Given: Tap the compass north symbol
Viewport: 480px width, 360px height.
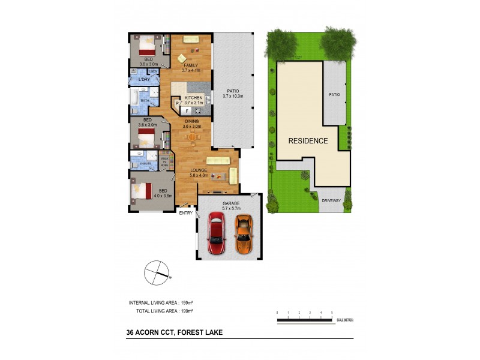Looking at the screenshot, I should click(x=158, y=273).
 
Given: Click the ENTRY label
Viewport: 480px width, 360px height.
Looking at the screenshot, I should click(x=186, y=212).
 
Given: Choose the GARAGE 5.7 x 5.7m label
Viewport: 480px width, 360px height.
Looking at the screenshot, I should click(x=231, y=206).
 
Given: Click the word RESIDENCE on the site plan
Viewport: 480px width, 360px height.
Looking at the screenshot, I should click(x=308, y=141).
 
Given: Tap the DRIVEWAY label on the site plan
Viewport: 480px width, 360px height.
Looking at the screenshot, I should click(x=331, y=200).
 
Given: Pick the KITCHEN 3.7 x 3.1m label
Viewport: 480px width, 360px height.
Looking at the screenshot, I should click(x=193, y=100).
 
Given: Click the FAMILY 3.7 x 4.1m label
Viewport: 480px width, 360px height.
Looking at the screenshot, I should click(x=191, y=67).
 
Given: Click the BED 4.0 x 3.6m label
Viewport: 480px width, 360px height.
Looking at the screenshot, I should click(x=146, y=193).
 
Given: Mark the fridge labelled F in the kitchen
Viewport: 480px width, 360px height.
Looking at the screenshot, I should click(x=187, y=111).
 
